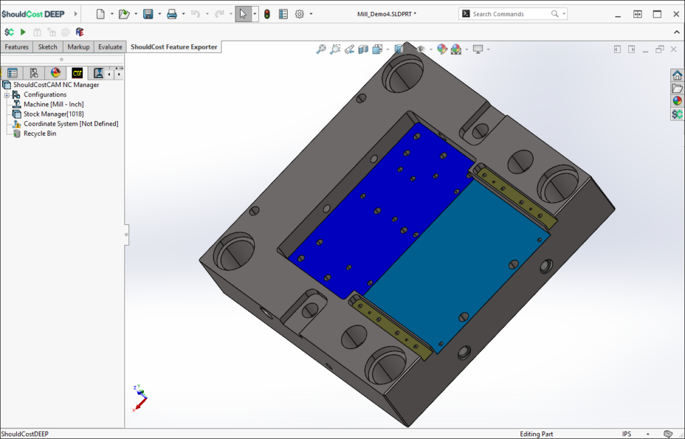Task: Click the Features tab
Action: click(x=17, y=47)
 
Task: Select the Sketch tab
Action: click(x=47, y=47)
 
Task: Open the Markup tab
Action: click(x=78, y=47)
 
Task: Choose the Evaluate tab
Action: click(x=110, y=47)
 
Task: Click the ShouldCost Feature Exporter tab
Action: click(x=174, y=47)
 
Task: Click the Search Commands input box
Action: click(x=508, y=14)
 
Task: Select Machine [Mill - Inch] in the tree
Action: click(x=54, y=104)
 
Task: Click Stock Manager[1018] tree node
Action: click(x=54, y=114)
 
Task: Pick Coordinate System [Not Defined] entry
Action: click(x=71, y=124)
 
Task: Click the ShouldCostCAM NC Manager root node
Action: click(x=56, y=85)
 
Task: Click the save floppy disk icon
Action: click(x=148, y=14)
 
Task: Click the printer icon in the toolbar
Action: click(x=172, y=14)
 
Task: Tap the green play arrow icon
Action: click(x=23, y=32)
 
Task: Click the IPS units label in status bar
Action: click(x=626, y=434)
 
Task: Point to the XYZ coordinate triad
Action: click(x=139, y=398)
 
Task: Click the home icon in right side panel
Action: click(x=677, y=75)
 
